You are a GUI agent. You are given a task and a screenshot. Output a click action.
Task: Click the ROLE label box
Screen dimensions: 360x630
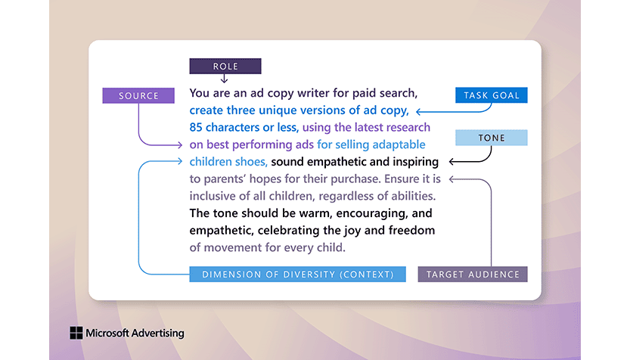(225, 66)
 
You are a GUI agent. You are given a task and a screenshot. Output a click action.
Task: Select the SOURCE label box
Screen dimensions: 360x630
(138, 96)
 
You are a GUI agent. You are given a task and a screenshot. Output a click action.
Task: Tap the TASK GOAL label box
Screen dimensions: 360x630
(491, 95)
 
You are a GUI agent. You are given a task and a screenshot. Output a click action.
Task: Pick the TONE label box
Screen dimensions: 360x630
(491, 138)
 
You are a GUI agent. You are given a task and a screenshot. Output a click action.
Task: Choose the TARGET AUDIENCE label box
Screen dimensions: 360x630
(473, 275)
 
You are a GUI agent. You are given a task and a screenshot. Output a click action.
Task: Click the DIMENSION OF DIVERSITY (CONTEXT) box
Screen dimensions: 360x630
(297, 275)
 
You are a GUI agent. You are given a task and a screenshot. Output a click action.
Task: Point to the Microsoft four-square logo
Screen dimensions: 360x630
(76, 333)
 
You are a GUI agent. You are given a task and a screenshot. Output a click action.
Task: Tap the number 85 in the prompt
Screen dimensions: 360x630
(196, 127)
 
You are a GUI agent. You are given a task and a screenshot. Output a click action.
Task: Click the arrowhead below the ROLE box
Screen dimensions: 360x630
(225, 79)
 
